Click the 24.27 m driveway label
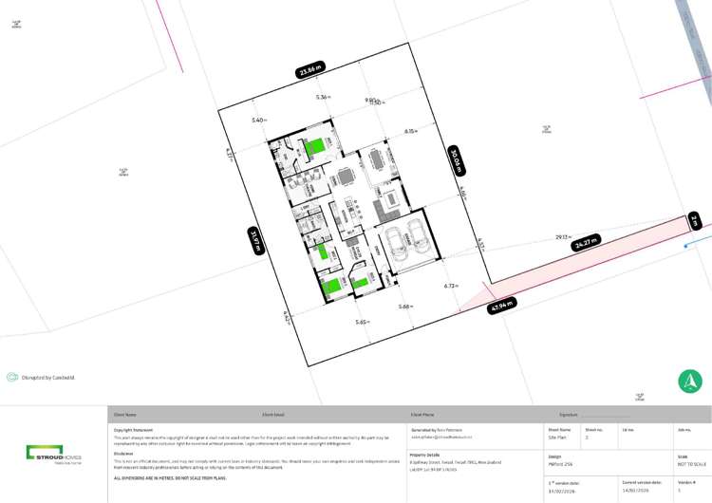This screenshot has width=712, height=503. (587, 244)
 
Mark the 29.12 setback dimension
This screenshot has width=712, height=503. (562, 237)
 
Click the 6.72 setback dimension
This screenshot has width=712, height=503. (451, 285)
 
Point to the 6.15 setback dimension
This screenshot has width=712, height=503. (410, 131)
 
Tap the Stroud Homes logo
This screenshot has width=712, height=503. (54, 454)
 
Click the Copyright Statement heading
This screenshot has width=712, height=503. (133, 429)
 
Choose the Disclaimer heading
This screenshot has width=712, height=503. (123, 453)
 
